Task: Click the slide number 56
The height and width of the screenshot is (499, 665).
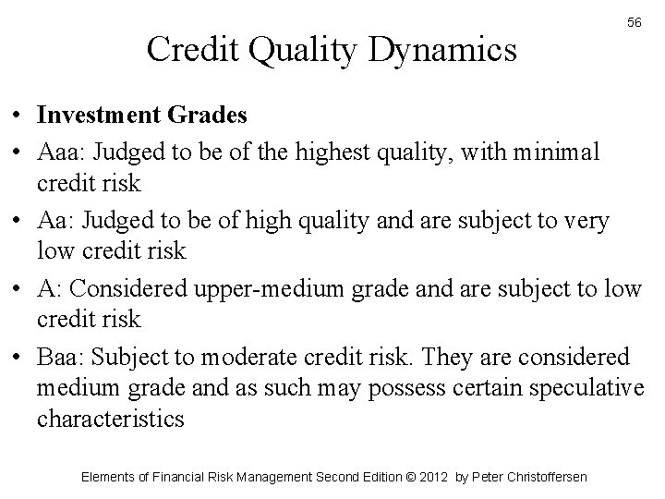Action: click(635, 21)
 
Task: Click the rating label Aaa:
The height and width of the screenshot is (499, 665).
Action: click(60, 150)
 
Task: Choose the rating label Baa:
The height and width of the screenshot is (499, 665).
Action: click(62, 356)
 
